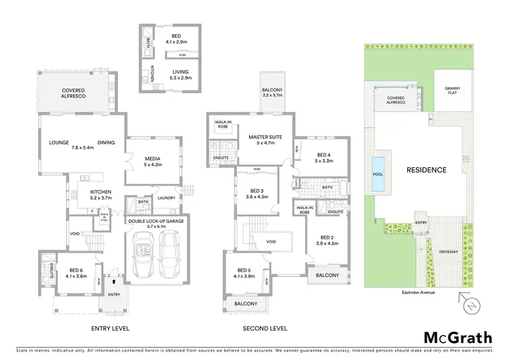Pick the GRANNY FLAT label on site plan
pos(453,91)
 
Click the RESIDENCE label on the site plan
pos(426,170)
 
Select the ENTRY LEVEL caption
pos(111,328)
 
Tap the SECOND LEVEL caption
pos(265,328)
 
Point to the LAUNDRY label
pos(166,198)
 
